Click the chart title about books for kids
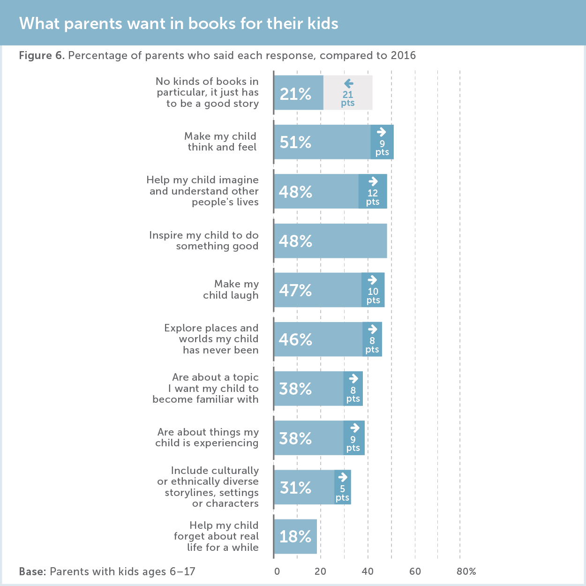tap(179, 23)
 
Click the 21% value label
tap(295, 94)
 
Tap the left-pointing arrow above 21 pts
tap(348, 84)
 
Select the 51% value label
tap(295, 142)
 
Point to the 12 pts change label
tap(373, 197)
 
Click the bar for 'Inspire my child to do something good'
tap(331, 241)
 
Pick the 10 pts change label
tap(373, 296)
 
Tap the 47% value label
tap(295, 290)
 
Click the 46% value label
tap(295, 339)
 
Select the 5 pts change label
tap(342, 493)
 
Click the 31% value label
tap(295, 488)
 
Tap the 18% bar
tap(295, 536)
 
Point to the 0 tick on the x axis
tap(277, 571)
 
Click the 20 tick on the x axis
tap(321, 571)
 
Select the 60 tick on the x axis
tap(415, 571)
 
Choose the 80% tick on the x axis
tap(466, 571)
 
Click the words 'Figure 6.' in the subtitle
tap(42, 56)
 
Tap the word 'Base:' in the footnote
tap(32, 572)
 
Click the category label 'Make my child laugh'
tap(231, 290)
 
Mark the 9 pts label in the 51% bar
tap(382, 148)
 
